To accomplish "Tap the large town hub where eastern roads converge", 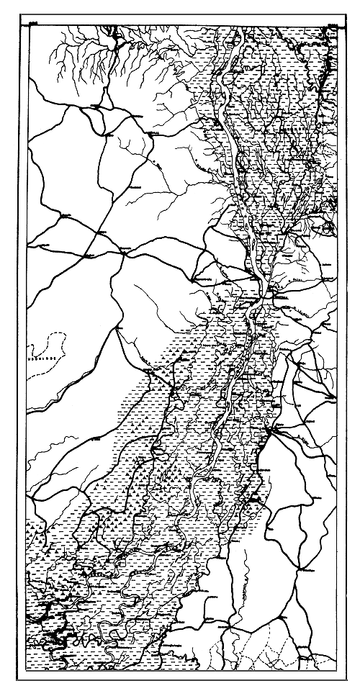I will [x=268, y=430].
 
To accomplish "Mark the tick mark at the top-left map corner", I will [x=32, y=24].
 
